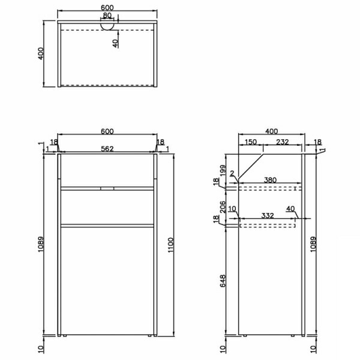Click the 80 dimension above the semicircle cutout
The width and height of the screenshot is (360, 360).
pos(107,16)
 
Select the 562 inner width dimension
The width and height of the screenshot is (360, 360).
pos(107,149)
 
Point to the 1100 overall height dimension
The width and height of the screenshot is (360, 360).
pos(171,245)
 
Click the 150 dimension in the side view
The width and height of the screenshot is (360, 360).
pos(250,142)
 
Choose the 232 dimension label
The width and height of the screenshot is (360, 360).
pos(282,142)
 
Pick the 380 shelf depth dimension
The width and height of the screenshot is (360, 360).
pos(270,180)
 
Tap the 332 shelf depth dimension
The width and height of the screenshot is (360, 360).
pos(268,215)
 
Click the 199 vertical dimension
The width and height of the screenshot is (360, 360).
pos(223,171)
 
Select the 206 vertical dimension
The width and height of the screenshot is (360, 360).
pos(223,207)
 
